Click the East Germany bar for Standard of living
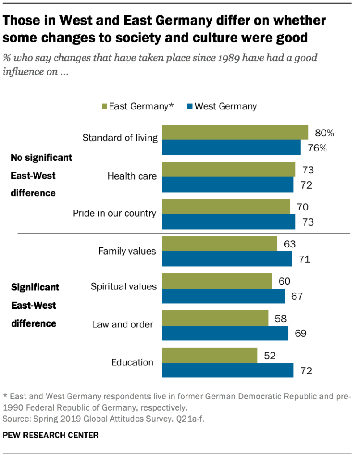point(235,133)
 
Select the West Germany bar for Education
point(227,370)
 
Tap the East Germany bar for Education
point(209,355)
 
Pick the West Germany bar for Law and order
point(225,333)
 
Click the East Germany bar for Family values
point(219,244)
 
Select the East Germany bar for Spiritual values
point(216,281)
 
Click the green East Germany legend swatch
point(104,106)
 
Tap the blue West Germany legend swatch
point(189,106)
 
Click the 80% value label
point(324,133)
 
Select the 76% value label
point(317,148)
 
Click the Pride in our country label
point(114,213)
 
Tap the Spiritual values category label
point(123,286)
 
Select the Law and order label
point(123,324)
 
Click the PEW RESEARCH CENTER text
point(51,435)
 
